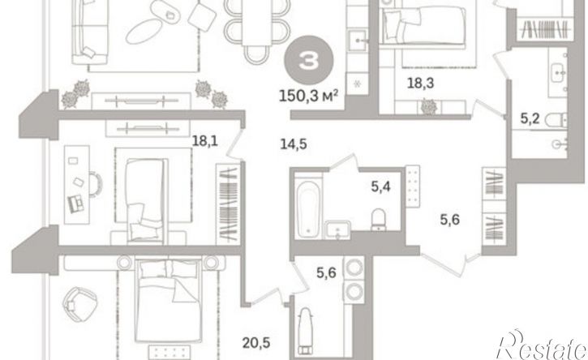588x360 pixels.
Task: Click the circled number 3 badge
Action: click(309, 60)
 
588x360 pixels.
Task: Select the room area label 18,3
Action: click(420, 83)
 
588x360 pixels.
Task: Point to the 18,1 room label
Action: click(204, 141)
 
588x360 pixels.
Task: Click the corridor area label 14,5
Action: click(294, 144)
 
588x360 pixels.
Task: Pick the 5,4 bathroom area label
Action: click(381, 186)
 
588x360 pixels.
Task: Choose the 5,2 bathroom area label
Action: click(530, 119)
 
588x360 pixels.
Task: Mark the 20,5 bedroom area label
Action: click(256, 342)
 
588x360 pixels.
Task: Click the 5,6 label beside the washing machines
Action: click(326, 273)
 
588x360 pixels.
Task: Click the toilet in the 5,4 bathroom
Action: click(379, 219)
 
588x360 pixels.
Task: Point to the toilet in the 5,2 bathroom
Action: click(556, 120)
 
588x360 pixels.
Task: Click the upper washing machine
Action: click(354, 268)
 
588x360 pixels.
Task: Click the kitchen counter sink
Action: click(358, 40)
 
